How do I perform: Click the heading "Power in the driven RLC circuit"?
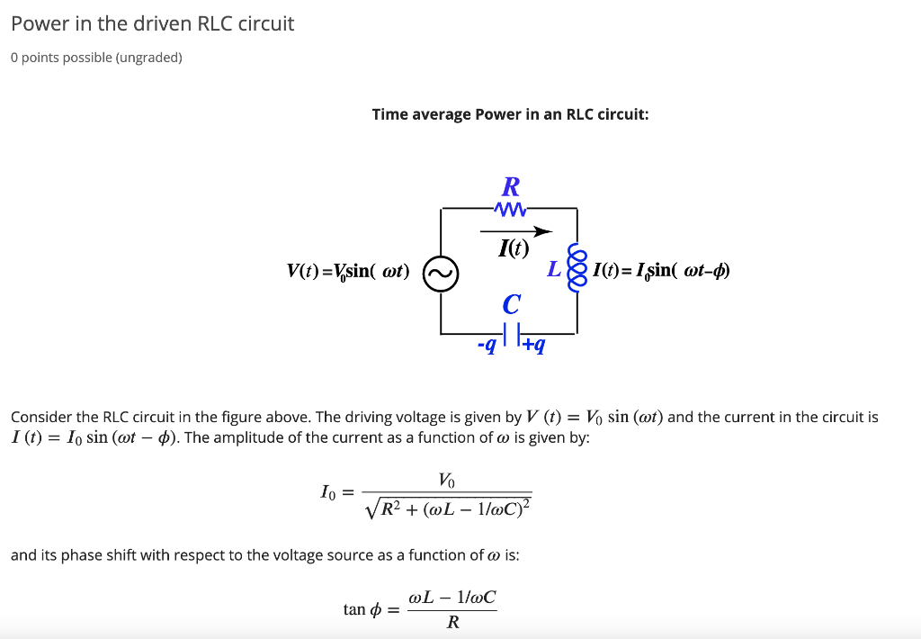[x=153, y=23]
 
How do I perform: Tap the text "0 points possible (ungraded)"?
[x=96, y=58]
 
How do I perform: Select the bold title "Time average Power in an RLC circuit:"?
[x=510, y=114]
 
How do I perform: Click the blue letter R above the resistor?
[x=510, y=186]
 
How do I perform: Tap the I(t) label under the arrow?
[x=514, y=248]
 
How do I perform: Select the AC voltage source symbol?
[x=441, y=273]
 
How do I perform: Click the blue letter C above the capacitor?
[x=510, y=304]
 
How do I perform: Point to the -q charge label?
[x=487, y=345]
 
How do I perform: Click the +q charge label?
[x=534, y=345]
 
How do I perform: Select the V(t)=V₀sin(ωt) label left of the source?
[x=347, y=271]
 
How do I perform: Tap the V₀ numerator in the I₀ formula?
[x=447, y=481]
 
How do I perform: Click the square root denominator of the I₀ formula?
[x=449, y=508]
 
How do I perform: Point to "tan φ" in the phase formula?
[x=356, y=609]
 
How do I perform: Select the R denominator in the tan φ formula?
[x=452, y=622]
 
